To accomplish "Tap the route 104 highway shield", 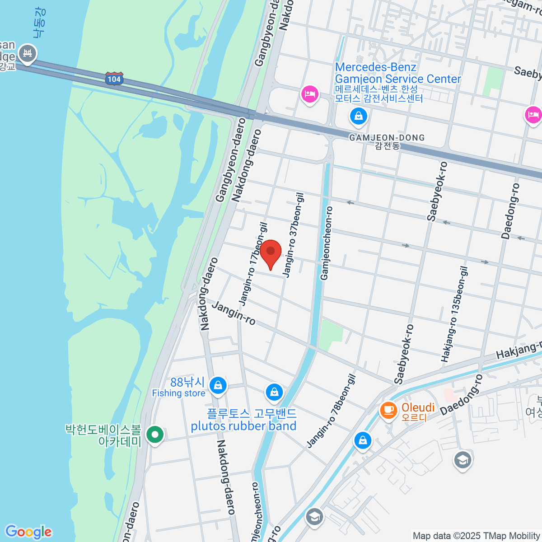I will pos(114,79).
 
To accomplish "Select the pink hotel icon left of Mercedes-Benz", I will pos(310,95).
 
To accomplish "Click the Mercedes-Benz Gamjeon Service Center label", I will pos(397,73).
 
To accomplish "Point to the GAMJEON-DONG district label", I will pos(387,138).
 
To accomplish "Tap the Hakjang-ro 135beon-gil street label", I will pos(454,314).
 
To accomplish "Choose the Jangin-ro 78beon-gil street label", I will pos(332,411).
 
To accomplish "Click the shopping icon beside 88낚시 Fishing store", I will pos(218,385).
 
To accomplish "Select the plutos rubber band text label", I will pos(243,426).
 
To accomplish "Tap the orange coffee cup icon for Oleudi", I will pos(388,410).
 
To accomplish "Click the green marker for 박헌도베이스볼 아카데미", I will pos(155,435).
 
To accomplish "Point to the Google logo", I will pos(28,532).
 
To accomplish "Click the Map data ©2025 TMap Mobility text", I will pos(477,536).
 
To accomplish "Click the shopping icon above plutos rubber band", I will pos(274,392).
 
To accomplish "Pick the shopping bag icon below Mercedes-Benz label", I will pos(358,117).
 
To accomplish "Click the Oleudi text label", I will pos(418,407).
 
